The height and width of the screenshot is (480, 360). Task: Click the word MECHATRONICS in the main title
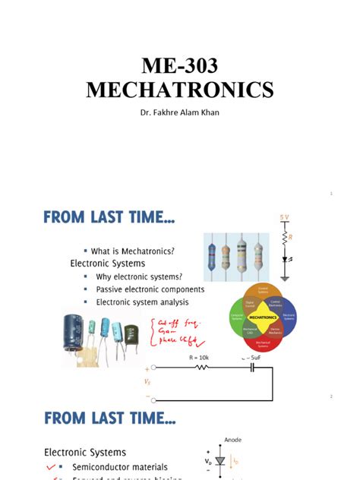[x=179, y=90]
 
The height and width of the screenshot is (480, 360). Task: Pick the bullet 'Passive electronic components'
[x=150, y=289]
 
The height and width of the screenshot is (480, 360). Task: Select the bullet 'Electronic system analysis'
[x=145, y=302]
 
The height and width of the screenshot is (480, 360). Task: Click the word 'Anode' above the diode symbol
[x=232, y=438]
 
